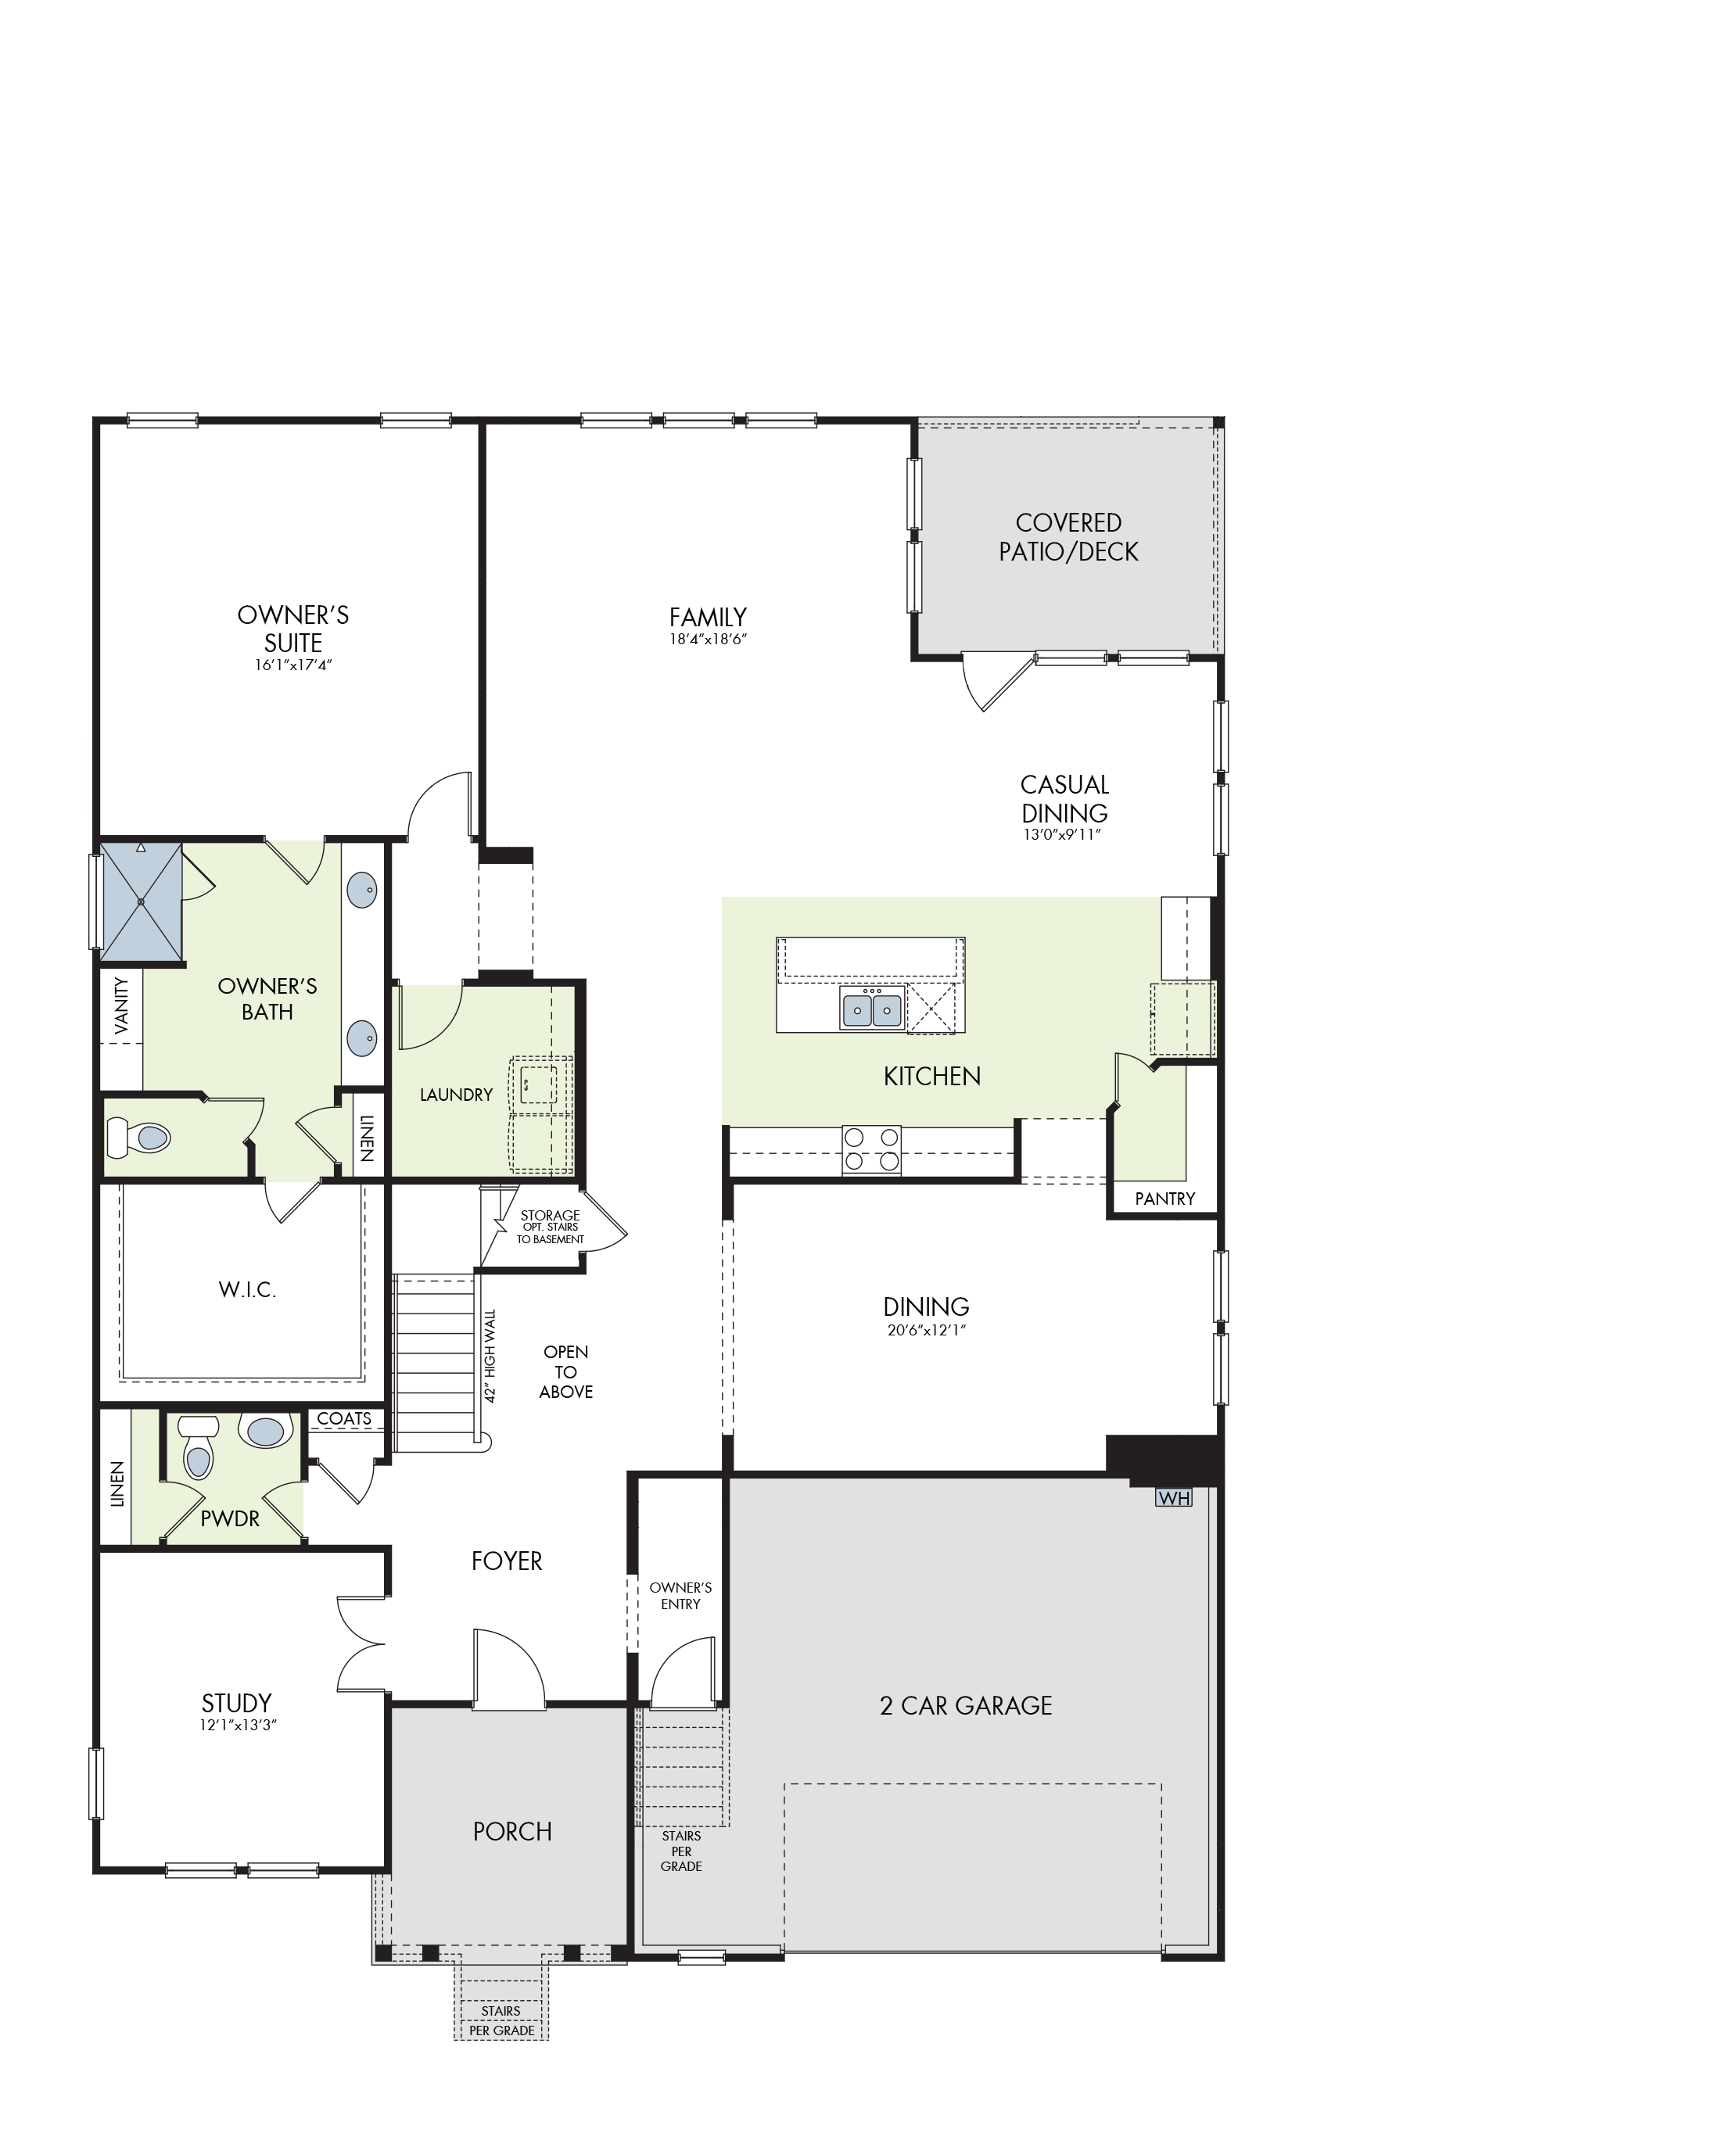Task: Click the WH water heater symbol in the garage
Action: tap(1173, 1498)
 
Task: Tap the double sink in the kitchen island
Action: tap(872, 1009)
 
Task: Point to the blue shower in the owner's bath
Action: tap(142, 902)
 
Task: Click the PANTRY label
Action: tap(1165, 1199)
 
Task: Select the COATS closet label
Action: tap(344, 1418)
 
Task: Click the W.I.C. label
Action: tap(248, 1290)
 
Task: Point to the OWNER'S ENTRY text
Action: tap(681, 1595)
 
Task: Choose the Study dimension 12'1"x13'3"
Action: tap(238, 1726)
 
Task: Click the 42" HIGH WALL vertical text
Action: tap(490, 1355)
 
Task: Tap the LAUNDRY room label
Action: tap(457, 1095)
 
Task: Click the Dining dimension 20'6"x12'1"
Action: tap(927, 1330)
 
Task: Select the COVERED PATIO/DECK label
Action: tap(1069, 536)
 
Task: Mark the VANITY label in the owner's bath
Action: tap(121, 1005)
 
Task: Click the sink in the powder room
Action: tap(265, 1430)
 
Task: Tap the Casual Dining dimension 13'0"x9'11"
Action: tap(1064, 835)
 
